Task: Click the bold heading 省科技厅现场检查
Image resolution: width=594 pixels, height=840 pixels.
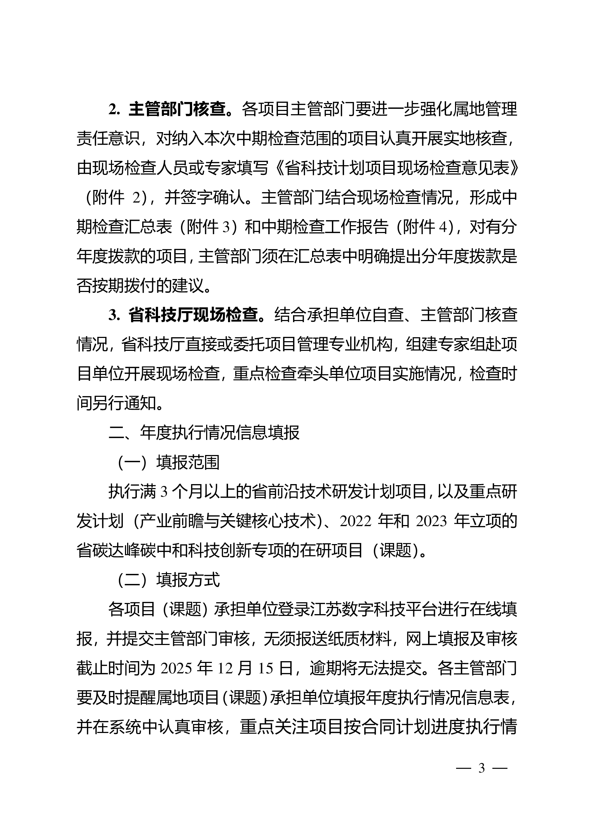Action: pyautogui.click(x=193, y=315)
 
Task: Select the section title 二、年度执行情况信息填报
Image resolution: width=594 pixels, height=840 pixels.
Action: pyautogui.click(x=204, y=432)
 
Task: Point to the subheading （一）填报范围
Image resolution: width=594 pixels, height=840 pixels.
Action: pyautogui.click(x=168, y=462)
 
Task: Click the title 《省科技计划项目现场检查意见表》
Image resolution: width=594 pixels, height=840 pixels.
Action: pyautogui.click(x=396, y=168)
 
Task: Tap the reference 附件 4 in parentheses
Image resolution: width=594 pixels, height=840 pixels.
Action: pyautogui.click(x=424, y=227)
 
